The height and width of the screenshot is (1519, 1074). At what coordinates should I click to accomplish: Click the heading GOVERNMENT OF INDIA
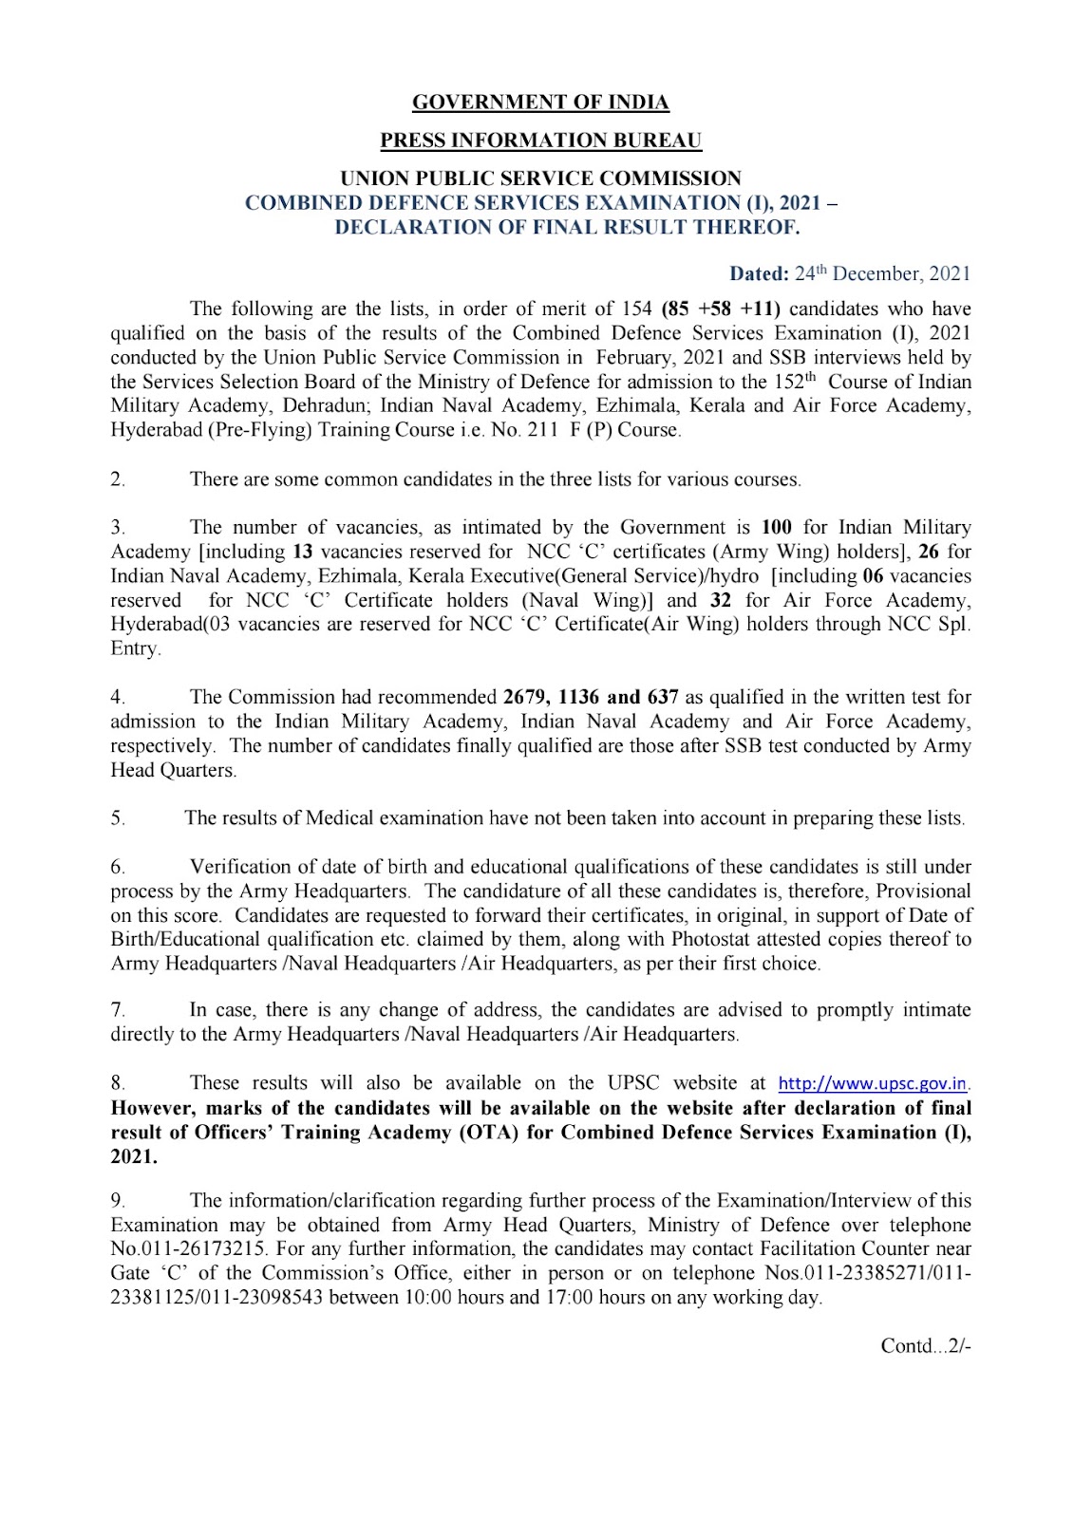coord(540,103)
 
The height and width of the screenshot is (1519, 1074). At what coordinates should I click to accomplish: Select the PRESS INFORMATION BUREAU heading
coord(540,141)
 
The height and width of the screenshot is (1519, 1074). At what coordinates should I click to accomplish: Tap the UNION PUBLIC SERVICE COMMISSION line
coord(540,178)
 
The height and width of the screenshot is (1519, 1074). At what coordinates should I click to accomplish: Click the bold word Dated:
coord(759,274)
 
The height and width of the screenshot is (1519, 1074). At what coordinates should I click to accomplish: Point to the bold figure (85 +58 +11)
coord(721,309)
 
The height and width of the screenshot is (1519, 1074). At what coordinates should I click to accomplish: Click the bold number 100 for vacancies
coord(777,527)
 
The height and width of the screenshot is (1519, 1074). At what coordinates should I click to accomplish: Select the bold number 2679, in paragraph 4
coord(527,697)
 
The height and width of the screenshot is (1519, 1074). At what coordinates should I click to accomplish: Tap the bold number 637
coord(662,697)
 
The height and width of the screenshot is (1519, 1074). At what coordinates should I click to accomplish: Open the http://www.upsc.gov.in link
coord(873,1083)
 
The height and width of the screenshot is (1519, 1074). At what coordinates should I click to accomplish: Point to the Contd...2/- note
coord(926,1346)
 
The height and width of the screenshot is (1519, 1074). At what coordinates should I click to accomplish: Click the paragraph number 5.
coord(118,818)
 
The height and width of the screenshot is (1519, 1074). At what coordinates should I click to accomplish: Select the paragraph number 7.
coord(118,1010)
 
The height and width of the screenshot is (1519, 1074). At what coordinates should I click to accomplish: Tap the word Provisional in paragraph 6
coord(923,891)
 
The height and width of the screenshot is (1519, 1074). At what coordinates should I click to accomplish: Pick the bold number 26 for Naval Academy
coord(929,552)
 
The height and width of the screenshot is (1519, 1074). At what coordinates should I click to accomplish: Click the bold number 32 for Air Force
coord(721,600)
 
